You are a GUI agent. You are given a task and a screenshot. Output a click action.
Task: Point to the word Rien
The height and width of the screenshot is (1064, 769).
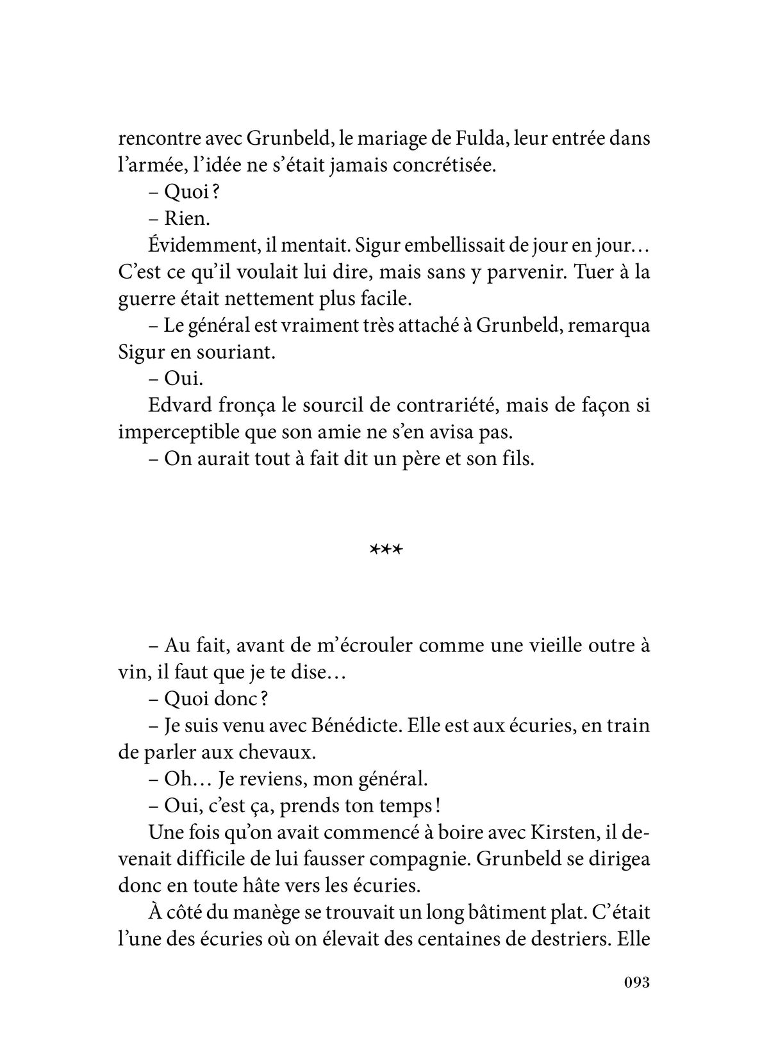point(187,218)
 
